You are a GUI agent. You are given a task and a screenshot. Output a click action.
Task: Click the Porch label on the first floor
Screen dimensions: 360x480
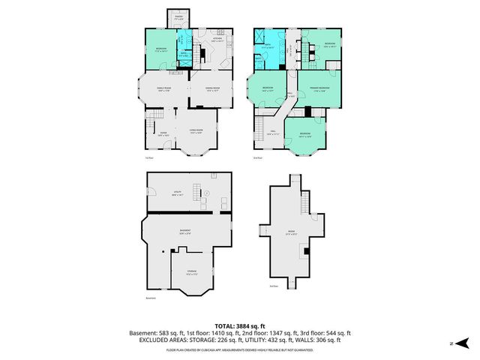pyautogui.click(x=178, y=16)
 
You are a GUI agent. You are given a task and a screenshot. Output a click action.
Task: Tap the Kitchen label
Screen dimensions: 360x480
pyautogui.click(x=217, y=39)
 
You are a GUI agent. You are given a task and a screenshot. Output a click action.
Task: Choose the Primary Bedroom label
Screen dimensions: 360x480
pyautogui.click(x=319, y=88)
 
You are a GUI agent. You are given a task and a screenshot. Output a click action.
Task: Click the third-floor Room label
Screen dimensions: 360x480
pyautogui.click(x=291, y=232)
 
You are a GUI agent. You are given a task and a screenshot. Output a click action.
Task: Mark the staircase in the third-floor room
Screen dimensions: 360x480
pyautogui.click(x=305, y=202)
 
